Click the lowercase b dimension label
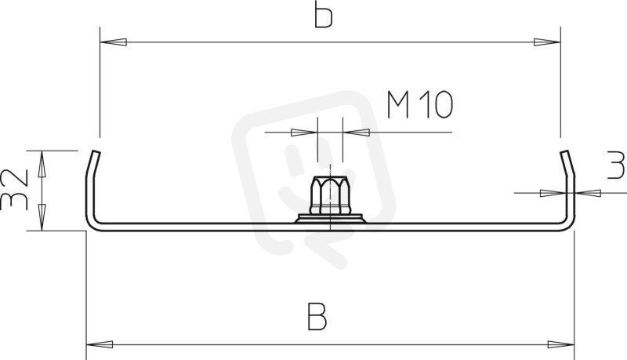(323, 14)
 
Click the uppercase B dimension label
(317, 316)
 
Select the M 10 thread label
(420, 105)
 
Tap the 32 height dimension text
(14, 190)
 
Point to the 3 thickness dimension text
(616, 165)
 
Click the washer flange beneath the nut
(330, 219)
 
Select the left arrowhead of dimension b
(113, 42)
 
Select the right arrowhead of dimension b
(547, 42)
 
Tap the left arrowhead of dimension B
(100, 344)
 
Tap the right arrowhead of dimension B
(561, 344)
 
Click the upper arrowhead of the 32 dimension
(42, 164)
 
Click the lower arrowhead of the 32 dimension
(42, 217)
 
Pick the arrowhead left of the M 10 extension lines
(304, 133)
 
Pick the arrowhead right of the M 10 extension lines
(356, 133)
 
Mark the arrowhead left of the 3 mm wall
(553, 193)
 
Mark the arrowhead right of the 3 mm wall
(587, 193)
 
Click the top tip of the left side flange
(96, 151)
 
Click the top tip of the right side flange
(564, 151)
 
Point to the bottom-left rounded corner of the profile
(91, 226)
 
